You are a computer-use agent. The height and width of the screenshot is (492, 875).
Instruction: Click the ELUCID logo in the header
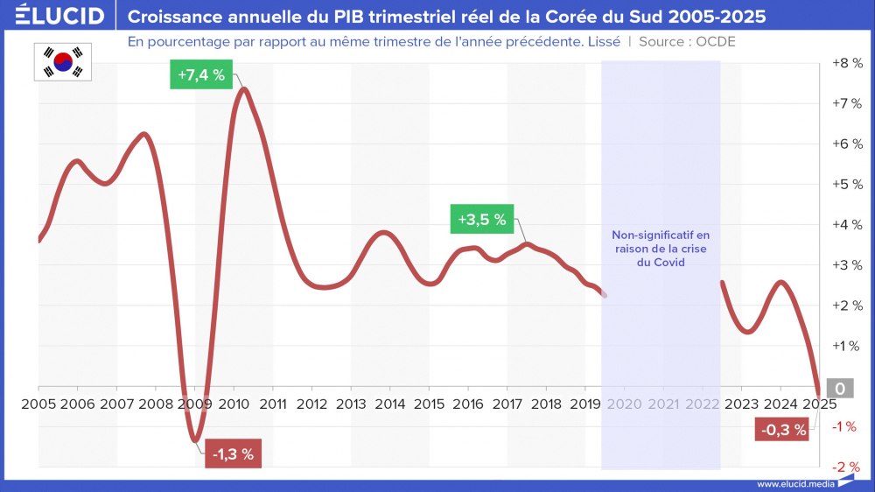[59, 16]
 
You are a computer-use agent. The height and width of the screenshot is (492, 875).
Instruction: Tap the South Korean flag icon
[63, 61]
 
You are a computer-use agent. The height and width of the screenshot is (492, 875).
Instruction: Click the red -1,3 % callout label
[234, 453]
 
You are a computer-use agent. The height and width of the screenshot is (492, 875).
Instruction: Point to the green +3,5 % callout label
[481, 220]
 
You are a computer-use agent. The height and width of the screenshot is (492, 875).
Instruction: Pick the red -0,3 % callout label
[783, 429]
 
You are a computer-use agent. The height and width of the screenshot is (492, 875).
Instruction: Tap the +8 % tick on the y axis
[845, 63]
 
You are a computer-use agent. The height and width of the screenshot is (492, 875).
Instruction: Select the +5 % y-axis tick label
[845, 184]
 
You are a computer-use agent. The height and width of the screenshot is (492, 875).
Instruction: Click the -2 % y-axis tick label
[845, 467]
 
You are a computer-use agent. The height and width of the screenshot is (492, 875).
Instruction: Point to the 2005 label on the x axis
[38, 404]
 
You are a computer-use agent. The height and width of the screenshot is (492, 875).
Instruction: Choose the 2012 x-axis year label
[311, 404]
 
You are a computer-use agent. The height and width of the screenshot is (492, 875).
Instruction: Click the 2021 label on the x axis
[663, 404]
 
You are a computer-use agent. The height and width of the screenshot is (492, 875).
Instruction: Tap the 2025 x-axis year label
[819, 404]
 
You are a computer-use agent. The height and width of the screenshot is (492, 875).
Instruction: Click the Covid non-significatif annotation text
[661, 248]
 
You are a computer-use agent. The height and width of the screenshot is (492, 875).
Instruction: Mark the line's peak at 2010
[242, 89]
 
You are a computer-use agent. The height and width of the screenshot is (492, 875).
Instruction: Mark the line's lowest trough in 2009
[196, 439]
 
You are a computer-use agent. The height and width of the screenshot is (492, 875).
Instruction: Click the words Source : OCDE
[687, 41]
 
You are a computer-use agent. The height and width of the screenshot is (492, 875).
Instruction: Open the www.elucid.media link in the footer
[794, 484]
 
